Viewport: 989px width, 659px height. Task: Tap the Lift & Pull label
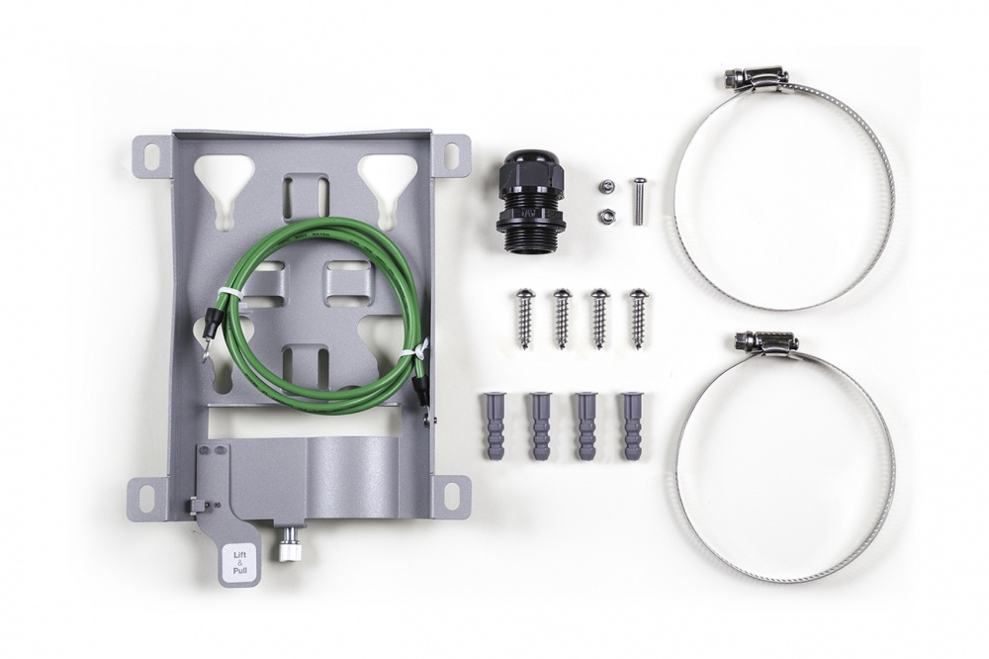click(x=240, y=562)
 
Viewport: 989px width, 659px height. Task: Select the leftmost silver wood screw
click(x=524, y=318)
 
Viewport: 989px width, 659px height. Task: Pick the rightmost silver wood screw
click(x=638, y=318)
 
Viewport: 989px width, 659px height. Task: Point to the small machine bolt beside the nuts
click(x=640, y=200)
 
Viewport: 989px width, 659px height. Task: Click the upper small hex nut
click(x=603, y=185)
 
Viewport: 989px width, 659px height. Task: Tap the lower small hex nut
click(x=603, y=215)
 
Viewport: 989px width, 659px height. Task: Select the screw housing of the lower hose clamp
click(x=766, y=342)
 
